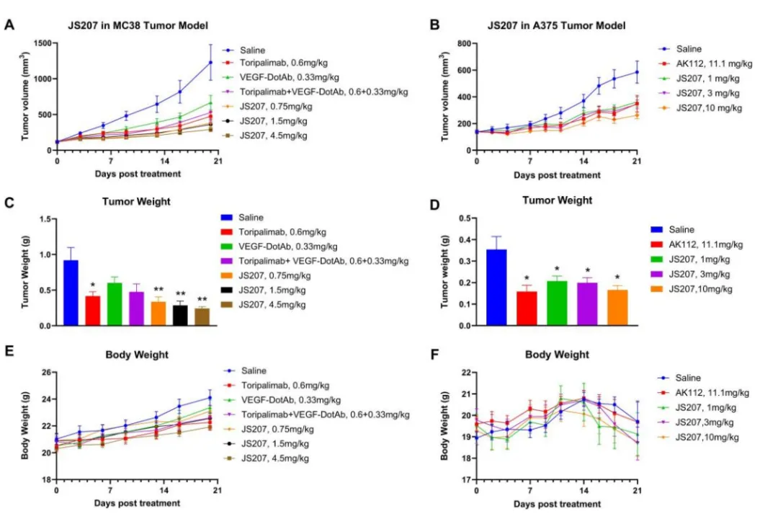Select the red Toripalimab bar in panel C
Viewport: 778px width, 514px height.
click(x=91, y=311)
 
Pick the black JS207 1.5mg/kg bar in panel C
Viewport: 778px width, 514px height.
click(x=179, y=316)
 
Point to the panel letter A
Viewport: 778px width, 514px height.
click(x=9, y=25)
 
